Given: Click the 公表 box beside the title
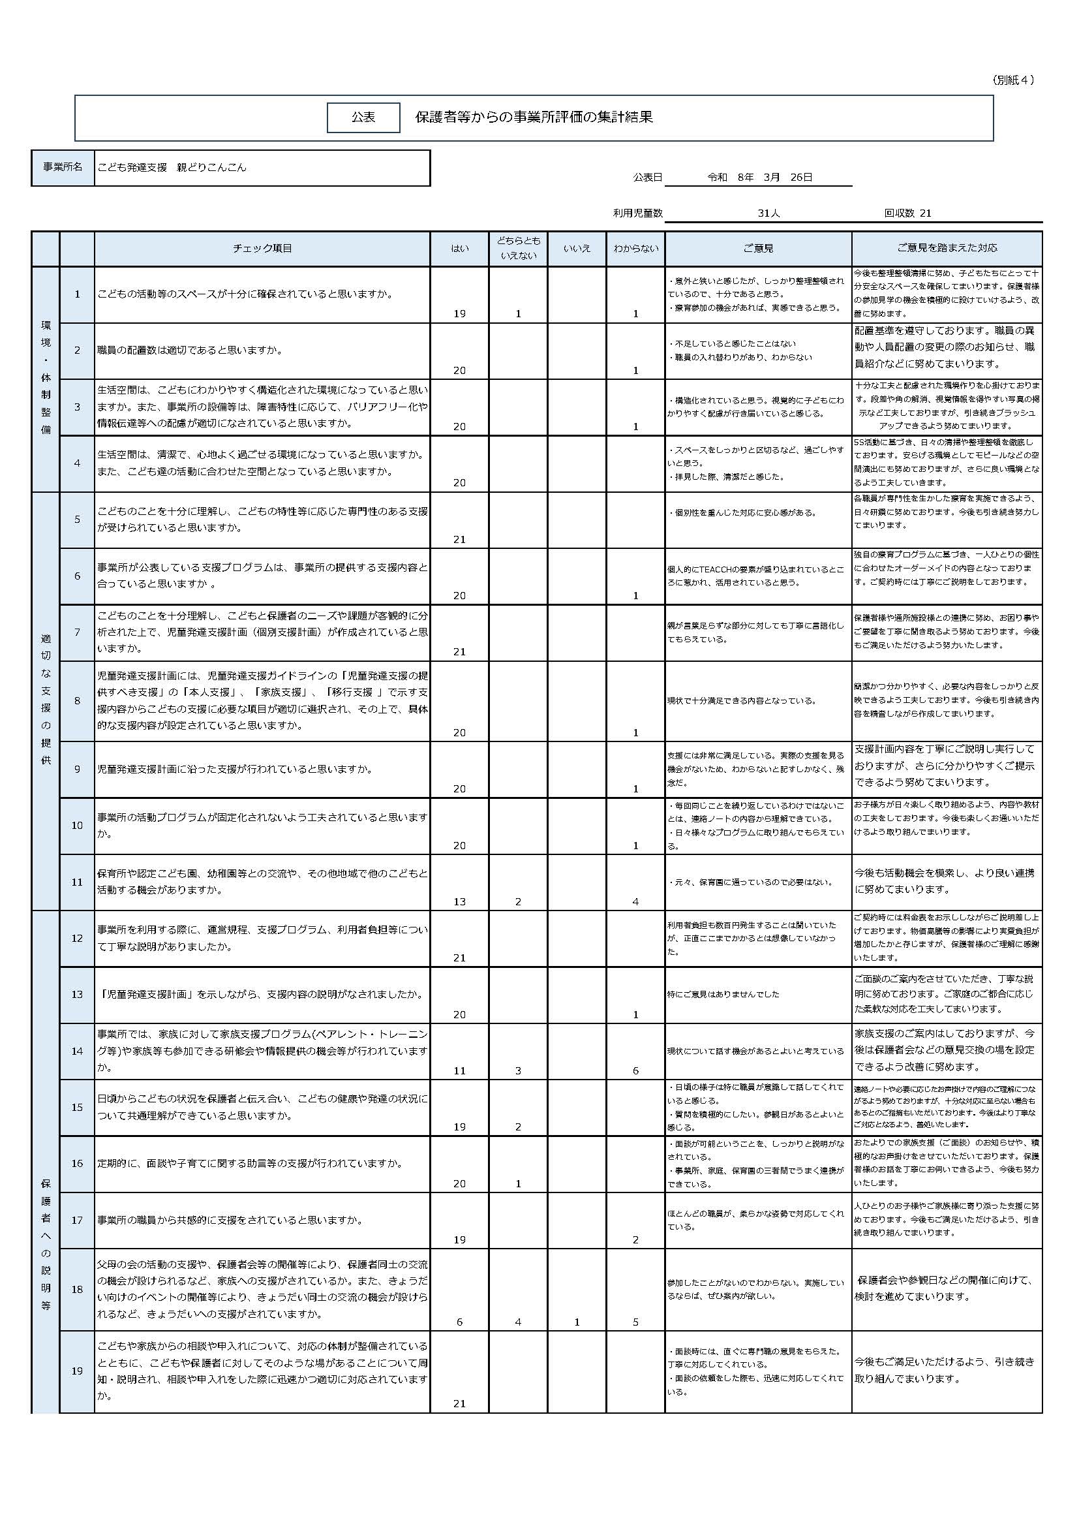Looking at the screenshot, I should [363, 117].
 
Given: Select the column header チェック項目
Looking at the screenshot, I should [262, 249].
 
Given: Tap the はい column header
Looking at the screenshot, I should [459, 249].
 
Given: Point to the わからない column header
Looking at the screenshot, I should [635, 249].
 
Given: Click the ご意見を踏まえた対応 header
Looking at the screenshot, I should [946, 249].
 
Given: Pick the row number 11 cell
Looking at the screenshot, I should [77, 882].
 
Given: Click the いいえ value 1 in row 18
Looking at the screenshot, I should [577, 1322].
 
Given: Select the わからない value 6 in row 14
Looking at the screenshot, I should [635, 1070].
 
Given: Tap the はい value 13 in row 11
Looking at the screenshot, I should [459, 902].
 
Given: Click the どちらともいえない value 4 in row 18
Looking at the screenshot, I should [518, 1322].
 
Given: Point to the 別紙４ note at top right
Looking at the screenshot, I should [1012, 80].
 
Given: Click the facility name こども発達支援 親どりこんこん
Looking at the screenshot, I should [172, 168].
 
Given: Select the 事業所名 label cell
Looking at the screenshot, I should [63, 168].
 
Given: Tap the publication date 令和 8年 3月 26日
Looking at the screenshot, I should [759, 178].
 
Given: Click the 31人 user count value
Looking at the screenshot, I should [768, 213].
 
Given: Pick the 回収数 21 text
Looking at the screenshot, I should [907, 213].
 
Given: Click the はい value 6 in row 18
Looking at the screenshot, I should [459, 1322].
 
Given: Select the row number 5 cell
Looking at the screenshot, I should [77, 520].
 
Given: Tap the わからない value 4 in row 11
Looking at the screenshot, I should [635, 902].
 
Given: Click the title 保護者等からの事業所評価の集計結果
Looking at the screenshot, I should [534, 117].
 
